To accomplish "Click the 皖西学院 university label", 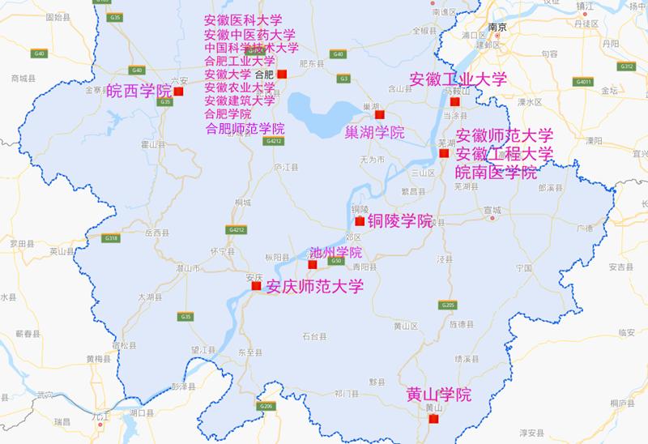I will coord(139,91).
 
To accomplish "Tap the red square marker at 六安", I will coord(179,92).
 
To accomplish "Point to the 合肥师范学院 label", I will coord(245,128).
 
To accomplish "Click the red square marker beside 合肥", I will coord(282,75).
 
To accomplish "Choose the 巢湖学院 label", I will coord(375,132).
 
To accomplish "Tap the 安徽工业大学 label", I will coord(458,79).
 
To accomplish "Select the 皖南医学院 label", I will coord(497,172).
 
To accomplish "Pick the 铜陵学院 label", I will coord(400,220).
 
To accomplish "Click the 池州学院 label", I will coord(335,253).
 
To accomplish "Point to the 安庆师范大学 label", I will coord(314,286).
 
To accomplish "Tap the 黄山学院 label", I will coord(438,395).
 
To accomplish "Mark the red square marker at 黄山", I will coord(433,419).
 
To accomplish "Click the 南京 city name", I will coord(497,28).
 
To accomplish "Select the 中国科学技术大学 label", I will coord(252,48).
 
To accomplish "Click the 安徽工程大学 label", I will coord(505,153).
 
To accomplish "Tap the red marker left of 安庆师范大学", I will coord(256,286).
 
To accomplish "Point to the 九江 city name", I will coord(100,416).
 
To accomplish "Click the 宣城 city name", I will coord(492,210).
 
